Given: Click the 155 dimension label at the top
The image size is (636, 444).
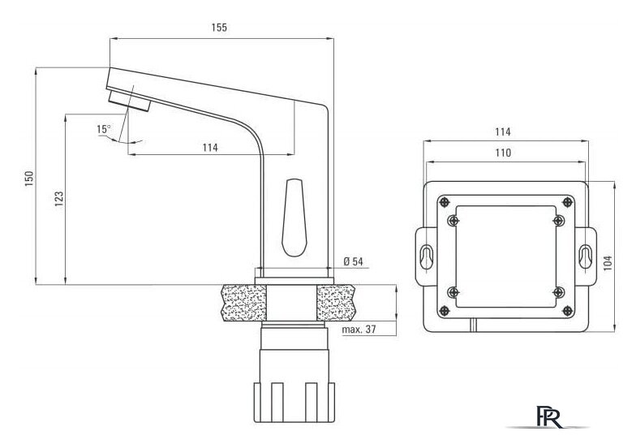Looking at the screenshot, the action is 219,28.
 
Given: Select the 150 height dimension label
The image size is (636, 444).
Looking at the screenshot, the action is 29,179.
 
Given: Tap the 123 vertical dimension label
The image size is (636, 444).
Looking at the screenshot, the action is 59,199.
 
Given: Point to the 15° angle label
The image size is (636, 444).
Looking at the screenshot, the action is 104,130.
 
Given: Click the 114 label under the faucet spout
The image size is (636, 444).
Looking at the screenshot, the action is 210,148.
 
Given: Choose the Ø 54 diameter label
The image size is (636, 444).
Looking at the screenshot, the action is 354,261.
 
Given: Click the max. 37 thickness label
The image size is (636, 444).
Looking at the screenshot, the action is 359,330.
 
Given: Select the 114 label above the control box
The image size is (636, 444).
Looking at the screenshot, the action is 503,131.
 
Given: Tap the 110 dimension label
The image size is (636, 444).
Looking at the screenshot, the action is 503,153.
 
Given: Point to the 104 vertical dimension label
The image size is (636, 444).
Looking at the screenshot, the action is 608,264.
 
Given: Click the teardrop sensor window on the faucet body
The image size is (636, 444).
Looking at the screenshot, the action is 294,218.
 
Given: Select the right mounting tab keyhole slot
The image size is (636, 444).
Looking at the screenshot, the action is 584,256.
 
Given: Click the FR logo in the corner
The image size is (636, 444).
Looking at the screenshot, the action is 550,416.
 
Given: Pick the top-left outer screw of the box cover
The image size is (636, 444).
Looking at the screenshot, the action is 445,201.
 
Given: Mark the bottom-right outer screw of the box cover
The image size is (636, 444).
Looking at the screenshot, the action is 567,311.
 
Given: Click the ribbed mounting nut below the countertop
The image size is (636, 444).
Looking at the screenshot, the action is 294,403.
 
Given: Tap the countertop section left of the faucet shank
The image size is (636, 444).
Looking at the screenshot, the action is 244,302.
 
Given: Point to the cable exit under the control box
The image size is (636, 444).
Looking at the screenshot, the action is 474,325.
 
